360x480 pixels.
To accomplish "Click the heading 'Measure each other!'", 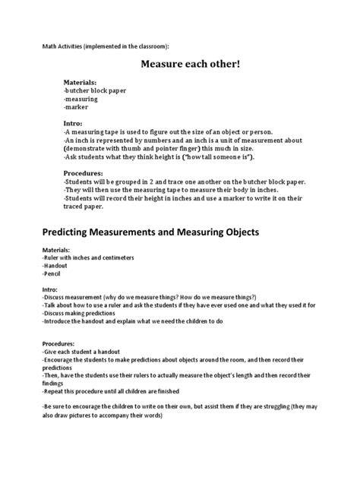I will pos(190,65).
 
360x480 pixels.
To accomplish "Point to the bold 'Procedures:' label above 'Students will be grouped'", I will pos(86,172).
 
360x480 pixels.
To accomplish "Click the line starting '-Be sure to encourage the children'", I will pos(175,408).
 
